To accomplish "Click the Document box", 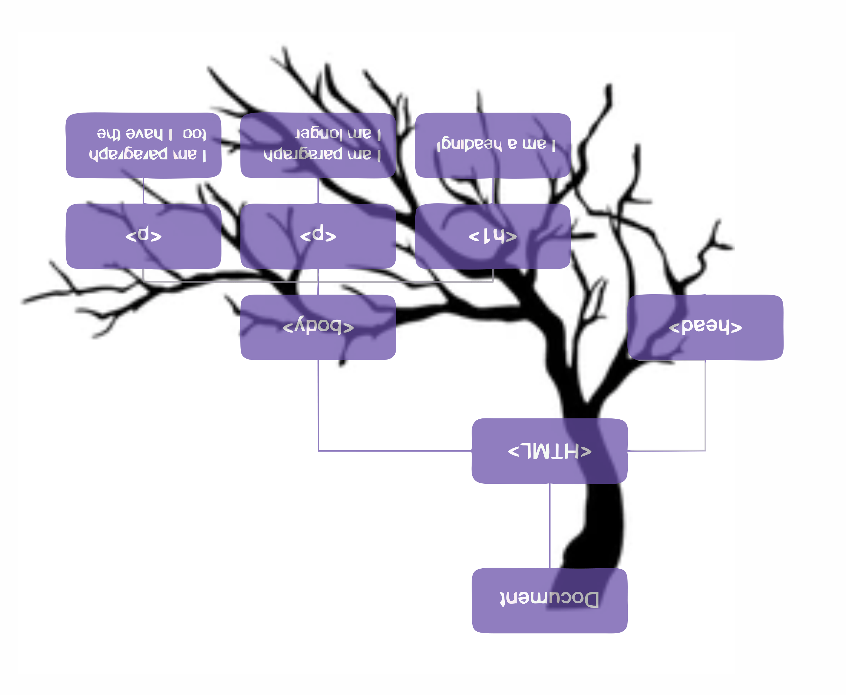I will tap(550, 600).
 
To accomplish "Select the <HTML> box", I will tap(550, 451).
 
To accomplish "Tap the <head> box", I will tap(705, 327).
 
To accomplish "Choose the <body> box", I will tap(318, 327).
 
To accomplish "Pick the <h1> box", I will tap(493, 236).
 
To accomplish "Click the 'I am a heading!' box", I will tap(493, 145).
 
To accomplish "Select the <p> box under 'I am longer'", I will tap(318, 236).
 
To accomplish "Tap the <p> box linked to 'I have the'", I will tap(144, 236).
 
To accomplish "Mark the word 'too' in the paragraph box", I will tap(194, 134).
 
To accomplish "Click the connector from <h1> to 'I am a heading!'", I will tap(493, 191).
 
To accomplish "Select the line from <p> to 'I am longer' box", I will tap(318, 191).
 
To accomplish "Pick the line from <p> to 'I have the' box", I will tap(144, 191).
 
